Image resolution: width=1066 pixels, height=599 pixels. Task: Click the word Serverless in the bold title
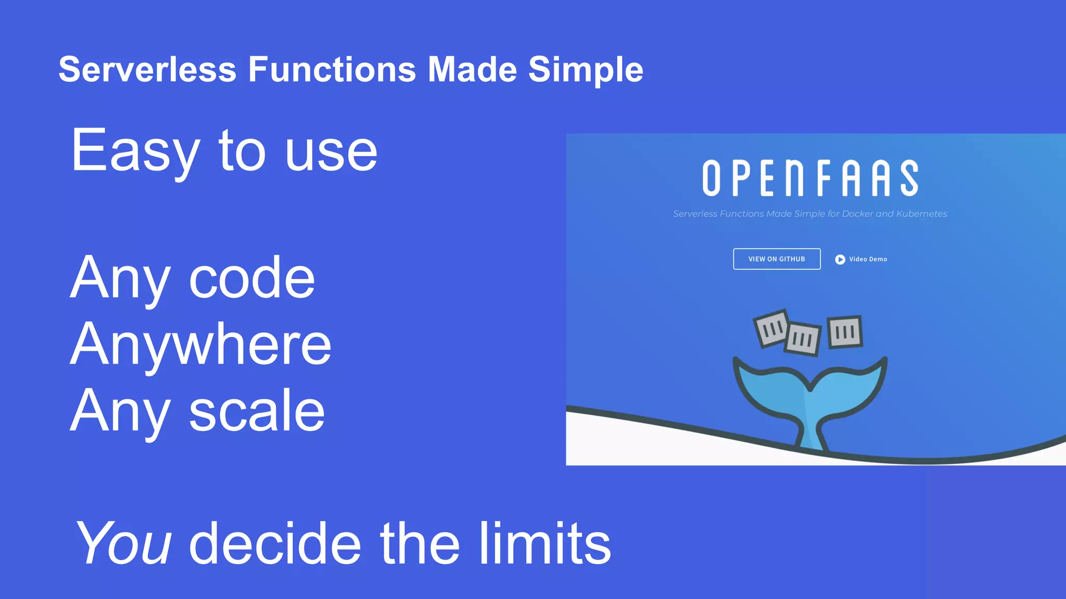click(147, 69)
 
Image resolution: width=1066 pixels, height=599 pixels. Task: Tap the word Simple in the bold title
click(586, 70)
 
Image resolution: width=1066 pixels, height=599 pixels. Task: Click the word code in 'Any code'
click(252, 278)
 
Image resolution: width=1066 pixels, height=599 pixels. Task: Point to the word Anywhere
click(200, 344)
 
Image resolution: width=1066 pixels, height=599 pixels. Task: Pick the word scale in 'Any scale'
click(257, 411)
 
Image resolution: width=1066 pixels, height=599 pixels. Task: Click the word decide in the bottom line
click(275, 543)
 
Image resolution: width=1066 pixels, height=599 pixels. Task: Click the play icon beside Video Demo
click(840, 259)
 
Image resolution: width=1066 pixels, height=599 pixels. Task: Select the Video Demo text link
click(868, 259)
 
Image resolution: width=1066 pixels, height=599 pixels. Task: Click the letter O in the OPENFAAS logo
click(711, 178)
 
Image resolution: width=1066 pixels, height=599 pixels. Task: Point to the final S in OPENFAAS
click(909, 178)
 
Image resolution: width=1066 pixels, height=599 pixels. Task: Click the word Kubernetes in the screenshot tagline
click(921, 214)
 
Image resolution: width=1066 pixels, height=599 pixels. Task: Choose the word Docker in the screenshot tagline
click(857, 214)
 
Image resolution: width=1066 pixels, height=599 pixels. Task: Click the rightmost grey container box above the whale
click(845, 332)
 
